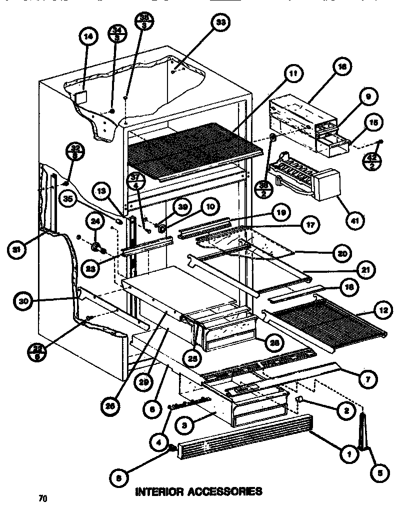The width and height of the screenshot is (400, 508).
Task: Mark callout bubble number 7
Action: [x=367, y=379]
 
